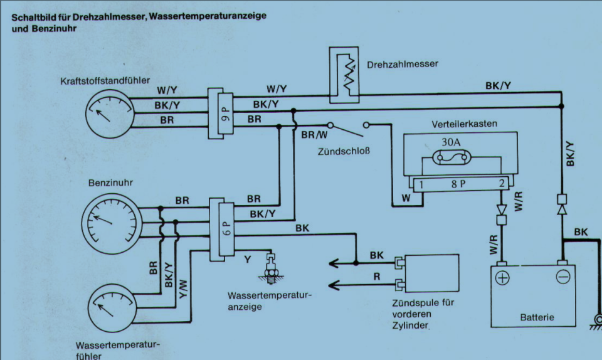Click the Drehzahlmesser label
click(403, 64)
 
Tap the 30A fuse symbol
click(452, 157)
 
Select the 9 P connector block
click(220, 114)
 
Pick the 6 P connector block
click(221, 230)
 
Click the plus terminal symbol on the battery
click(502, 278)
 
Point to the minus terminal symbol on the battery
click(563, 277)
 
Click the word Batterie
click(537, 317)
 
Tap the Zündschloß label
click(344, 151)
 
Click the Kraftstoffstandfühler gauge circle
click(110, 114)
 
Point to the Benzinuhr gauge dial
click(112, 224)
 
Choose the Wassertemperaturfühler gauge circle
click(112, 308)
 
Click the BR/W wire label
click(314, 135)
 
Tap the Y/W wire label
click(183, 289)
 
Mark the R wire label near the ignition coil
click(377, 277)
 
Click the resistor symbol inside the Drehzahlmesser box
click(349, 75)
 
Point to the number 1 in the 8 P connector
click(421, 184)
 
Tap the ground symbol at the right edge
click(596, 322)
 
